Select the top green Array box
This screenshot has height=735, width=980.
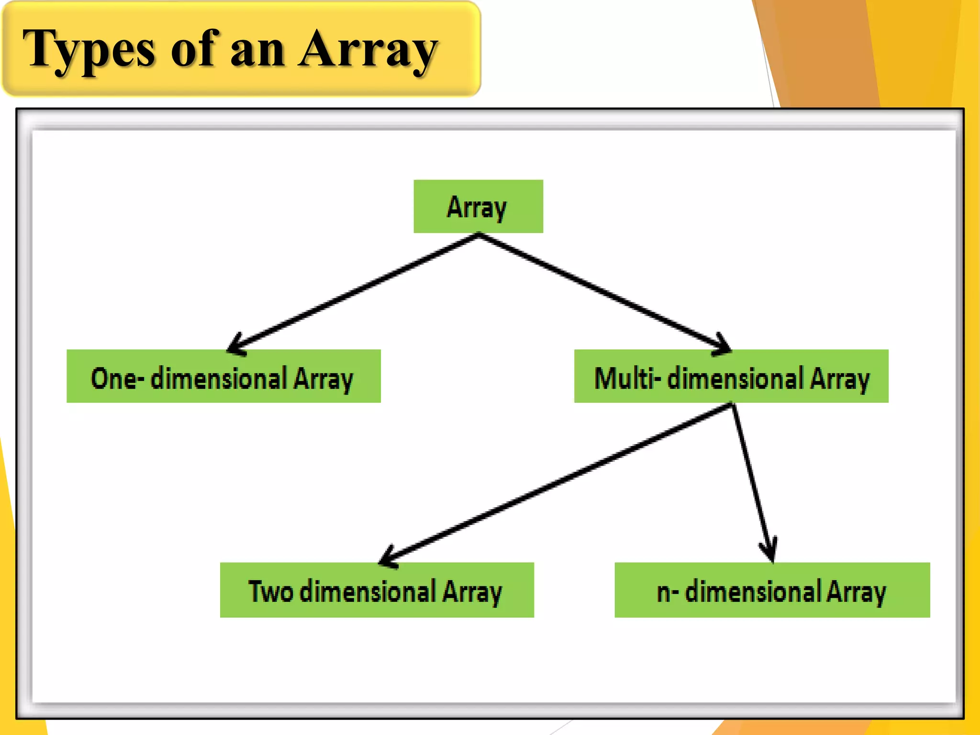coord(478,206)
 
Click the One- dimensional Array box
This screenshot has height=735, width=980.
coord(223,376)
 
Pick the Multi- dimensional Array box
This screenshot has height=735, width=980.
coord(731,376)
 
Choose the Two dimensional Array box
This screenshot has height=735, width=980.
coord(377,590)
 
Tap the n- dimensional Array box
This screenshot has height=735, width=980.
coord(772,590)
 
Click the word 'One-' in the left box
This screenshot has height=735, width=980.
coord(117,378)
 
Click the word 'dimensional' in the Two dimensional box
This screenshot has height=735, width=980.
coord(367,591)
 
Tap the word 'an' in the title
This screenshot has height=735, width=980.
coord(257,50)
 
